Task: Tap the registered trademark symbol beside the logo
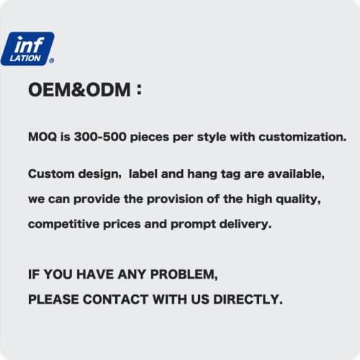coord(51,60)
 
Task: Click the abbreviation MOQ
coord(41,136)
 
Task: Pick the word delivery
coord(244,224)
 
